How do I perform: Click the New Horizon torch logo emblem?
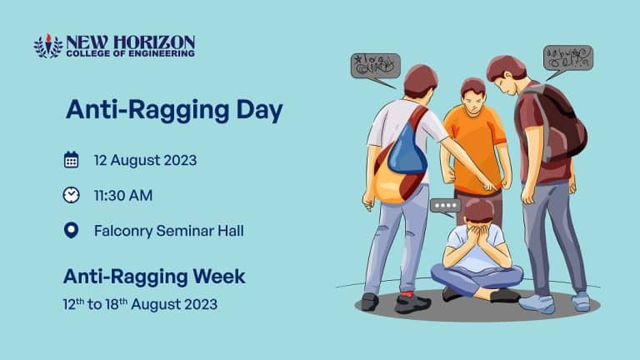(x=47, y=45)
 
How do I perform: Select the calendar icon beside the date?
(x=72, y=160)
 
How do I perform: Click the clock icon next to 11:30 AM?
(x=72, y=195)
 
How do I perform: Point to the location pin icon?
(x=72, y=230)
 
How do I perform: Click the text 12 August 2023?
(x=145, y=160)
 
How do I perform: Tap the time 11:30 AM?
(x=122, y=195)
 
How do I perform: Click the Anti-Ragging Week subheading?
(x=154, y=275)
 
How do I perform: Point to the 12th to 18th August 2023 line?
(x=140, y=304)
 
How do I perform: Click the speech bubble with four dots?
(x=445, y=205)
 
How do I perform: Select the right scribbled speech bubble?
(x=567, y=58)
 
